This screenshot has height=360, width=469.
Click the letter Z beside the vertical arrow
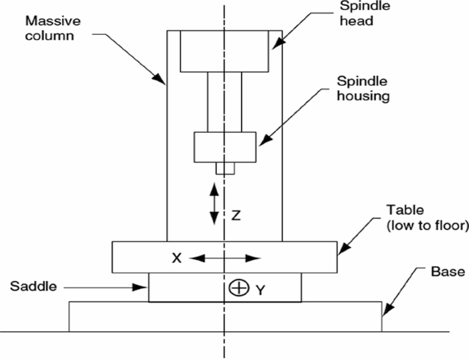click(236, 217)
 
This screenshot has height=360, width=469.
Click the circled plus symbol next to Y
click(237, 289)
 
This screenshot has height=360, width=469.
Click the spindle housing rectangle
click(224, 147)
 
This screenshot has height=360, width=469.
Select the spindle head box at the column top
click(224, 51)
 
